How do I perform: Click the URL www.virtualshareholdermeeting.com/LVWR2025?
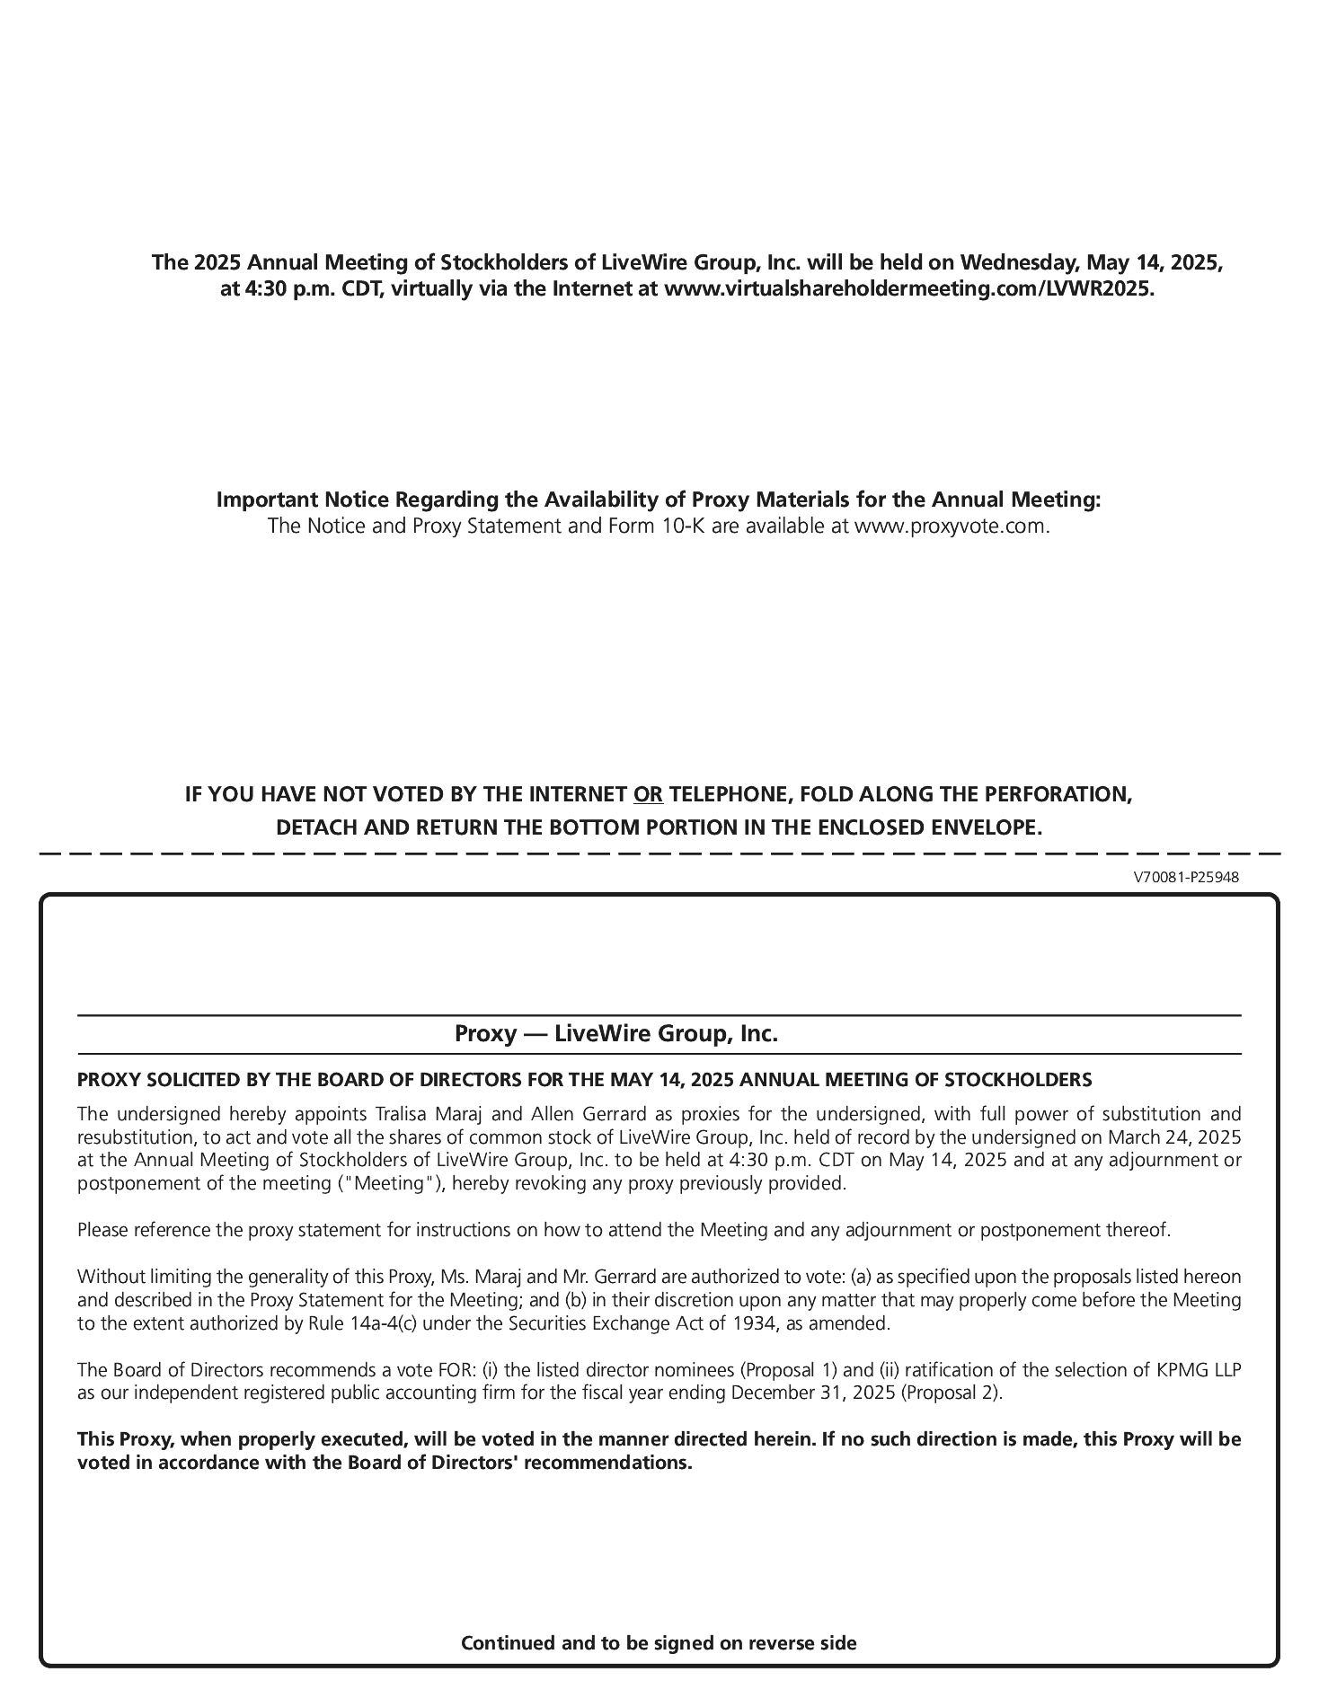coord(907,288)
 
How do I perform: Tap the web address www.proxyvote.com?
coord(952,526)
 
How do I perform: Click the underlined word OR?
coord(648,794)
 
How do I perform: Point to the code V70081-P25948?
coord(1186,877)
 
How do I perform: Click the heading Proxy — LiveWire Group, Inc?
coord(616,1033)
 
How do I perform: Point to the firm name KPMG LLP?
coord(1204,1370)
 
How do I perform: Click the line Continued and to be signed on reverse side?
coord(659,1643)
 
